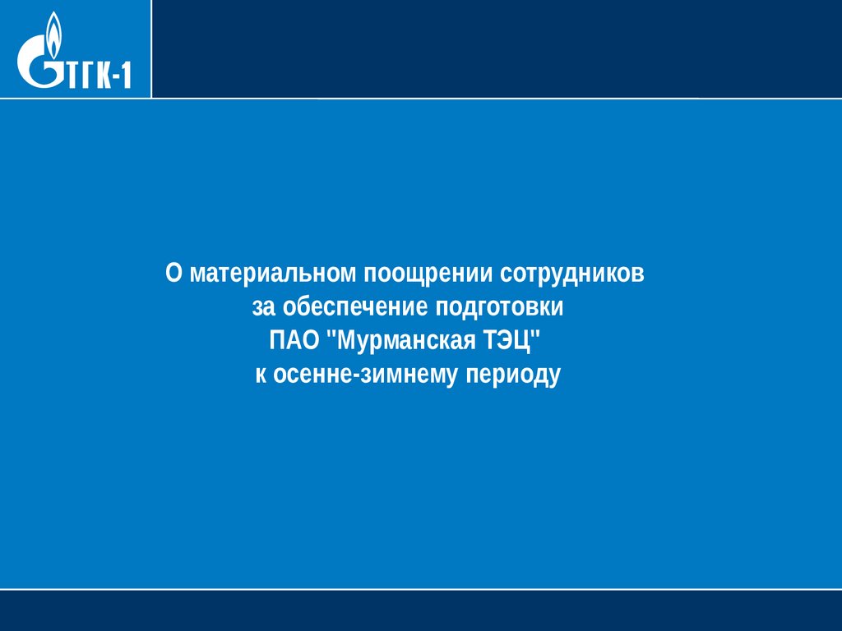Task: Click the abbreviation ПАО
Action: coord(294,340)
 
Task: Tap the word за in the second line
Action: coord(263,308)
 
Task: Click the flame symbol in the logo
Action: coord(53,34)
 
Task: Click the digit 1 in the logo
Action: coord(125,75)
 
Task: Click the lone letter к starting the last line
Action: coord(261,375)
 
